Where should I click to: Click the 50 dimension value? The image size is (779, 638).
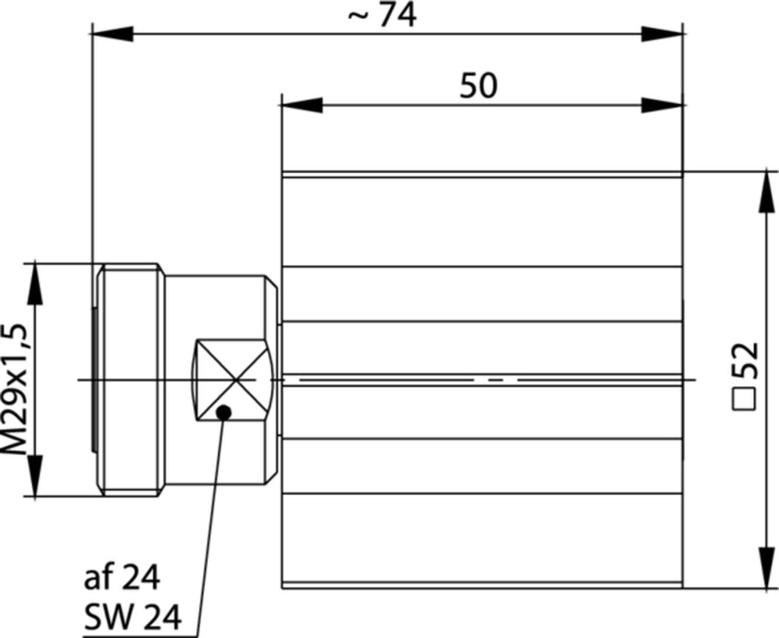pyautogui.click(x=478, y=86)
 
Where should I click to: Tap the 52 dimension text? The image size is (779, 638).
pyautogui.click(x=744, y=361)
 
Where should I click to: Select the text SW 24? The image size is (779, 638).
pyautogui.click(x=133, y=617)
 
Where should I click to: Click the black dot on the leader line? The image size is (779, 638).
pyautogui.click(x=223, y=412)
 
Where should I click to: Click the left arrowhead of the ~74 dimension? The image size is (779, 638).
pyautogui.click(x=113, y=34)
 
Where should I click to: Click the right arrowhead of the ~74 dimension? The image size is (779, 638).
pyautogui.click(x=662, y=34)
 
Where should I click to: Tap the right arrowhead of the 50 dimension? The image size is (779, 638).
pyautogui.click(x=662, y=106)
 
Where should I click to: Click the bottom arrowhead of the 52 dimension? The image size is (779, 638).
pyautogui.click(x=766, y=568)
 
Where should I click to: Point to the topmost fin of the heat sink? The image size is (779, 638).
pyautogui.click(x=482, y=175)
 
